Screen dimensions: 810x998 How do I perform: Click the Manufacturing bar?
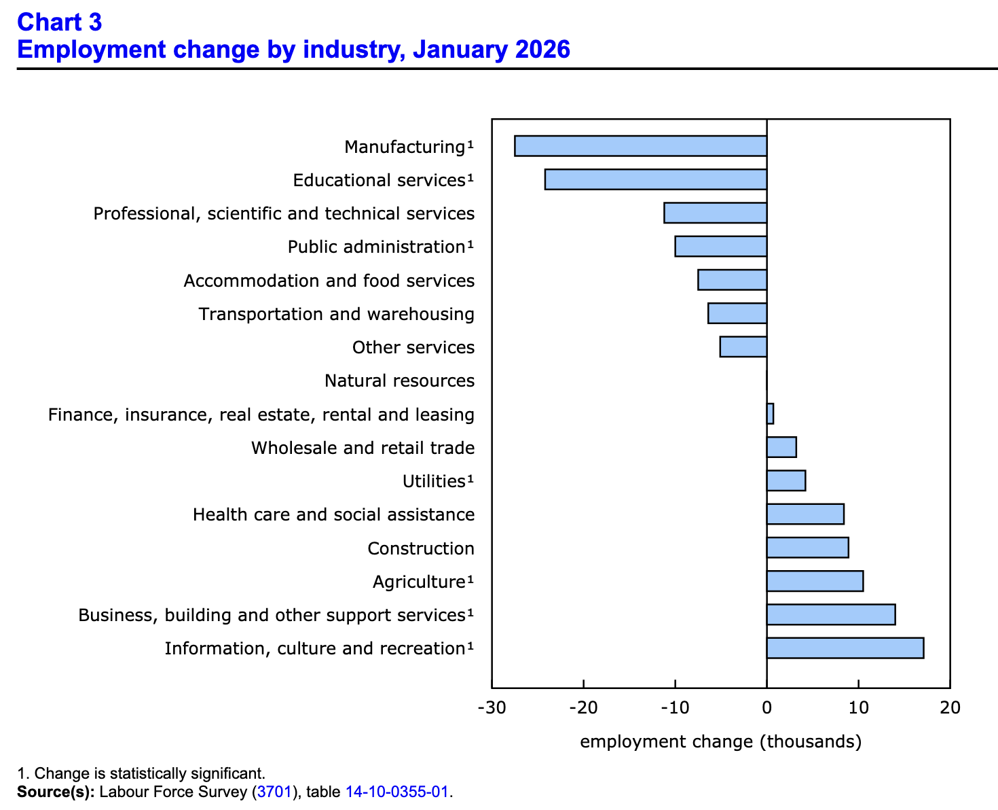(640, 146)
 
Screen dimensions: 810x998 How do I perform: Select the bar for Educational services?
(655, 179)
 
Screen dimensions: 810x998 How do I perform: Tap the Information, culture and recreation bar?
(845, 648)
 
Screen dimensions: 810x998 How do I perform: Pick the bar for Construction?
(807, 548)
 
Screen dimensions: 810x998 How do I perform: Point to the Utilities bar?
(786, 480)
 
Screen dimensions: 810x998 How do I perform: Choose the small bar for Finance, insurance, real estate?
(770, 414)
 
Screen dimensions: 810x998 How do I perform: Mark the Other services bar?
(743, 347)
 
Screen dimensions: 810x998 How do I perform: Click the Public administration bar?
(720, 247)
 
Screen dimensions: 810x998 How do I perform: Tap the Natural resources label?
(399, 381)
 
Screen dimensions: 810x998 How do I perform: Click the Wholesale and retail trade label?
(363, 448)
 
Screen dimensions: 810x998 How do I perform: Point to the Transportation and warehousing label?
(336, 314)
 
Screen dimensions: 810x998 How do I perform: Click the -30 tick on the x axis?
(492, 707)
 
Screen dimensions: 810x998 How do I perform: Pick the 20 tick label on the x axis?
(950, 707)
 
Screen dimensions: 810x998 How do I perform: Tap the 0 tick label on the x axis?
(766, 707)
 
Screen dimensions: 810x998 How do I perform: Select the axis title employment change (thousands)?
(720, 741)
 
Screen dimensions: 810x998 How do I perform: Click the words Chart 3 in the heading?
(60, 22)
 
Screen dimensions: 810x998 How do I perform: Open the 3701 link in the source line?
(274, 792)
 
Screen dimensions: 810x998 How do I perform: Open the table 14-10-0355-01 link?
(396, 792)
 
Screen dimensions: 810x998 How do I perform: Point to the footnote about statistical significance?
(141, 773)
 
